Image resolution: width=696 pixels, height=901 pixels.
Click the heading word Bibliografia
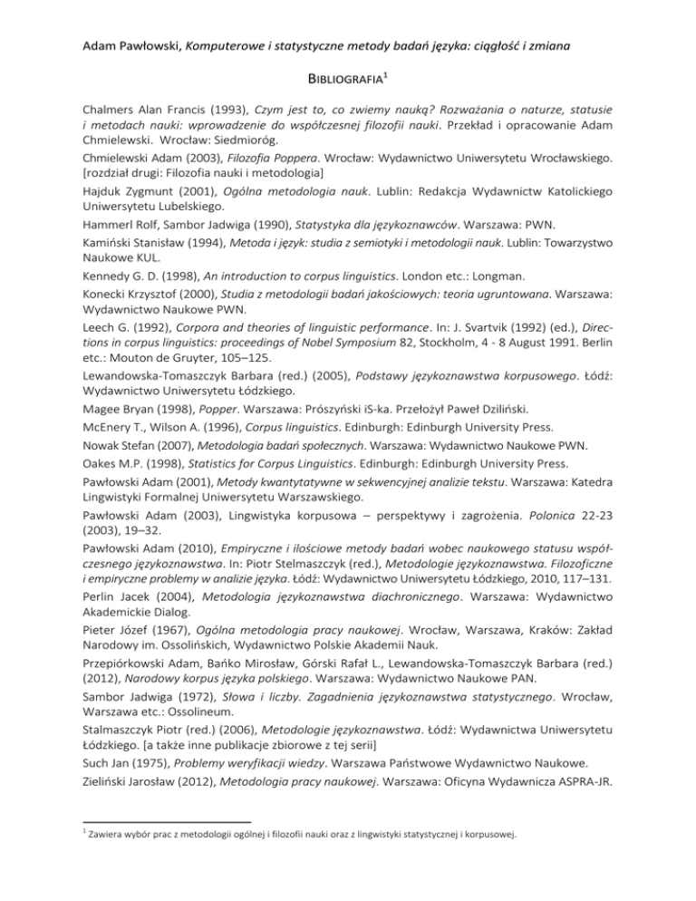pos(343,78)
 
